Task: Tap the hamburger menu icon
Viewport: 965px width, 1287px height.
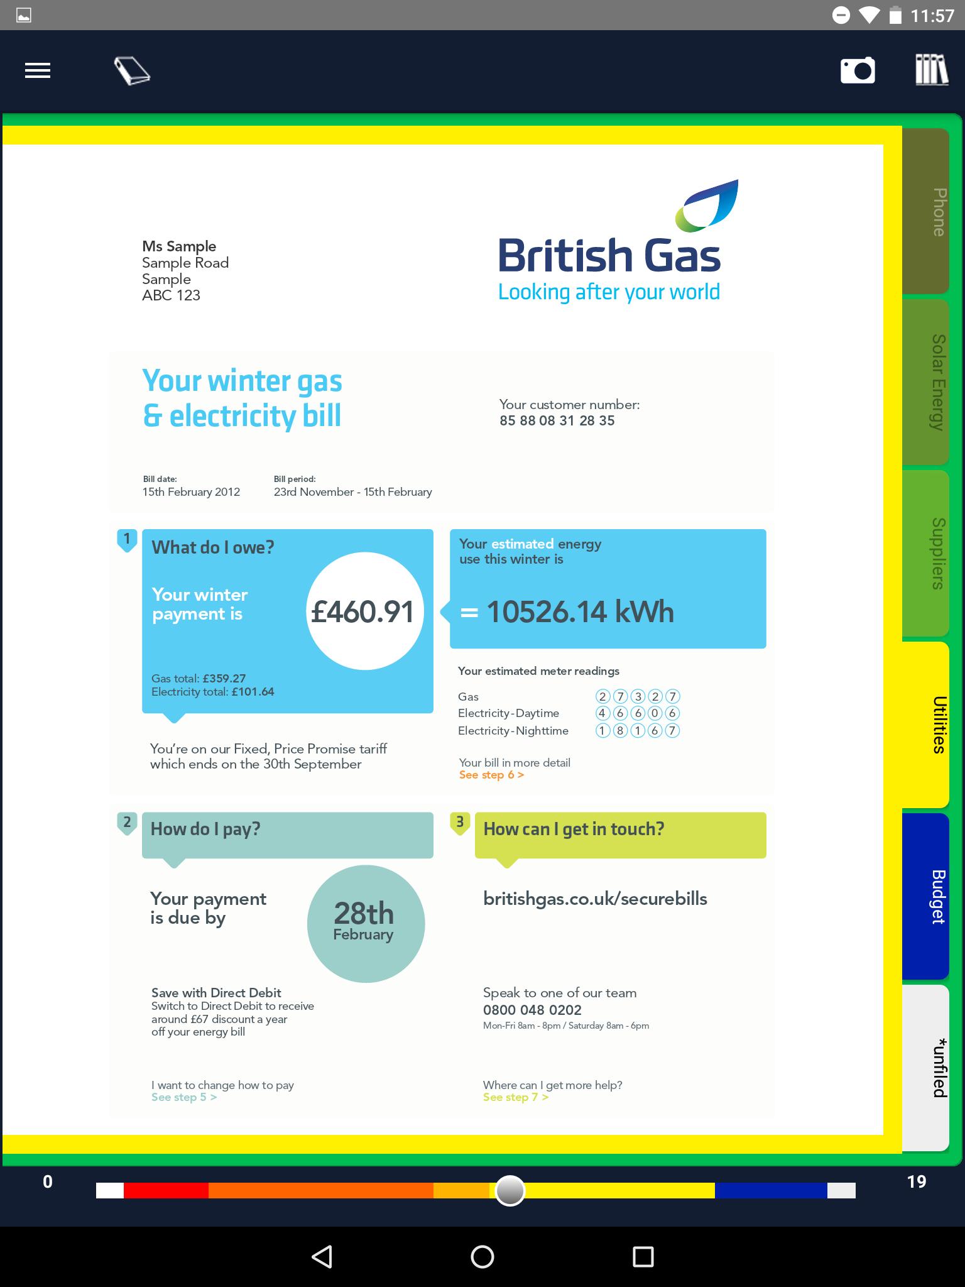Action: click(38, 70)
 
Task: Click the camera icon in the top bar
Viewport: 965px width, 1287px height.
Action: click(858, 70)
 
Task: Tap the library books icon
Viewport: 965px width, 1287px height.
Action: click(931, 70)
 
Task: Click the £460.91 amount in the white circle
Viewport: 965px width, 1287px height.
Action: click(363, 611)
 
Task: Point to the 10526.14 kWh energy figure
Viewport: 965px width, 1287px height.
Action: click(579, 611)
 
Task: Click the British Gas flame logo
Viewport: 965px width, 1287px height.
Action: click(707, 205)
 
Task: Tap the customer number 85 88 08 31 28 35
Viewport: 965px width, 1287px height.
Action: click(557, 421)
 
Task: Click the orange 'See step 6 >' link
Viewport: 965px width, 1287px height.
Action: click(491, 775)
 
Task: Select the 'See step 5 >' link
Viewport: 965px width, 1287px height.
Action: click(184, 1097)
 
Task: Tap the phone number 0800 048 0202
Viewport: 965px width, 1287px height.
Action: click(532, 1010)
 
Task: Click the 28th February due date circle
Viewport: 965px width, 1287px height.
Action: click(366, 923)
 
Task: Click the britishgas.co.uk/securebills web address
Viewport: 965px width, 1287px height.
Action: click(595, 899)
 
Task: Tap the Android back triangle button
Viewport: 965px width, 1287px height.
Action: click(322, 1256)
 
